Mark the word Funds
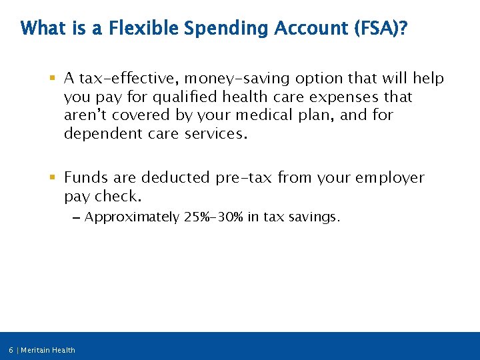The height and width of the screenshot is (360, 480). (x=85, y=178)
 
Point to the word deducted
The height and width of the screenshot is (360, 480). (x=175, y=178)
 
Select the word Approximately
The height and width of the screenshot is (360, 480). (x=132, y=217)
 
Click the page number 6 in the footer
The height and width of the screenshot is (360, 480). (x=11, y=350)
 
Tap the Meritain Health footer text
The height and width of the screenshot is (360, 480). (x=48, y=350)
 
